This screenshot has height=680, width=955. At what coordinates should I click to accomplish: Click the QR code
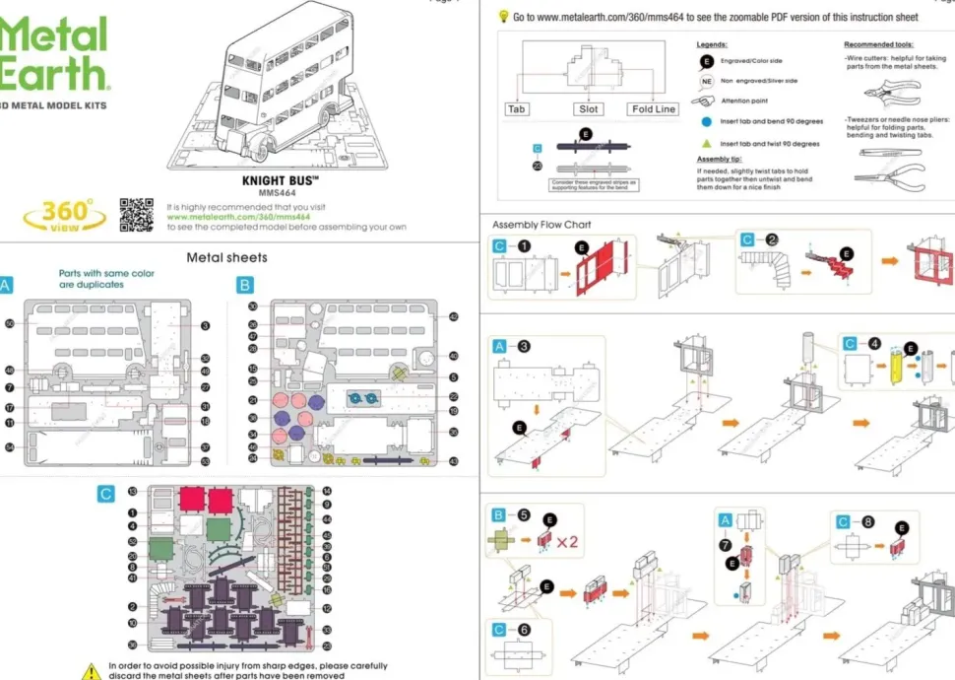(x=137, y=215)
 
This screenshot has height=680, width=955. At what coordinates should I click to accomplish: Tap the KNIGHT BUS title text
(x=281, y=181)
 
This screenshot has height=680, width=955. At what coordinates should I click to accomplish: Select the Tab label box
(x=517, y=109)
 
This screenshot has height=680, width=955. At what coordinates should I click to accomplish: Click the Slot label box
(x=588, y=109)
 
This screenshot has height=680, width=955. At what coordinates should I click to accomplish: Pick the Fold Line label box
(x=654, y=109)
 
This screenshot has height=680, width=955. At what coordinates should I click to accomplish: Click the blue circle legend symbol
(x=706, y=122)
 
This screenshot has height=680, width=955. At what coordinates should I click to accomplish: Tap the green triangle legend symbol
(x=706, y=144)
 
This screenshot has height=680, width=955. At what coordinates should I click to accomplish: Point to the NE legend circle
(x=706, y=81)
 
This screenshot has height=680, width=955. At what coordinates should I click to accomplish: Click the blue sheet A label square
(x=6, y=285)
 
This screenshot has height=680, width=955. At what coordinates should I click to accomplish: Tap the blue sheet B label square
(x=245, y=285)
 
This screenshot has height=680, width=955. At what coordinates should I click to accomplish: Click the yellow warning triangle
(x=91, y=670)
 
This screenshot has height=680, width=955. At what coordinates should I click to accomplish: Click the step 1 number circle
(x=525, y=245)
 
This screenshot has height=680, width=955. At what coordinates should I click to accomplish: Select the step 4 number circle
(x=875, y=344)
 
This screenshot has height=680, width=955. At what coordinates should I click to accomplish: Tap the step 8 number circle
(x=867, y=521)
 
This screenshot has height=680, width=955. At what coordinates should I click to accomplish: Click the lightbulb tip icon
(x=503, y=16)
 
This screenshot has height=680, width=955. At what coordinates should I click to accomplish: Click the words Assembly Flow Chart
(x=541, y=225)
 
